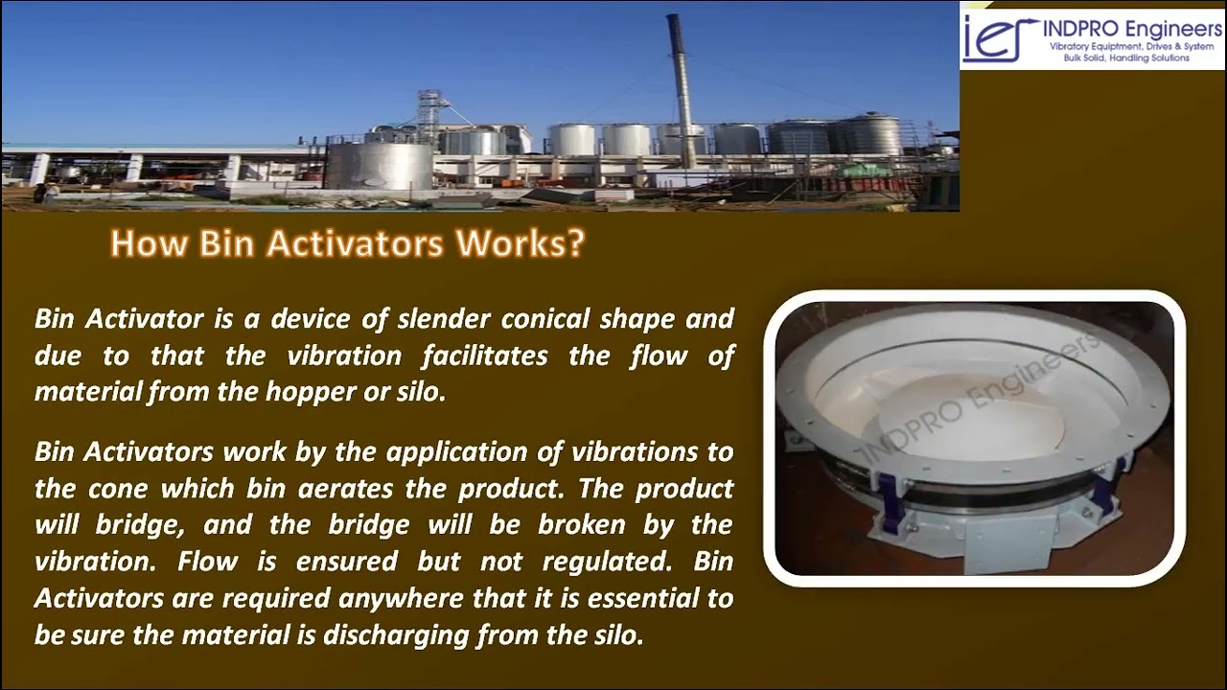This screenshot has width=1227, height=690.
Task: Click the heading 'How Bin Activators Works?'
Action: (x=347, y=243)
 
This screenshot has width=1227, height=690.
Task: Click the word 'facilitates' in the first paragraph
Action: (x=487, y=356)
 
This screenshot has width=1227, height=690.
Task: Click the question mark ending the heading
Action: (x=575, y=243)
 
